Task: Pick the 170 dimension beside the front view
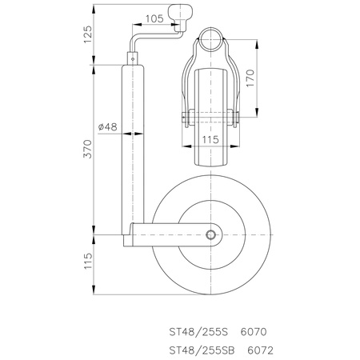point(250,78)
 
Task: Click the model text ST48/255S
point(199,330)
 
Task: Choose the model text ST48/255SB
point(202,349)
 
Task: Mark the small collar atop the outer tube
point(131,58)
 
